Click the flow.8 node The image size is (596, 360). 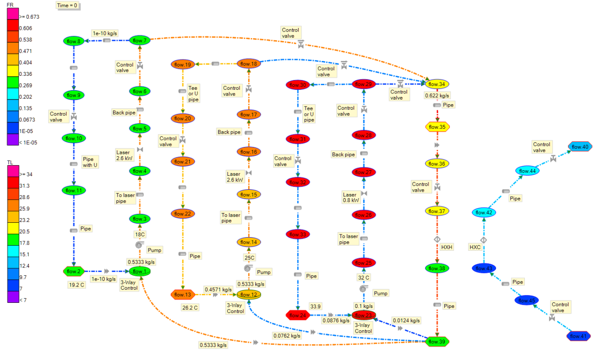73,41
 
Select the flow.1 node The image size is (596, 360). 139,271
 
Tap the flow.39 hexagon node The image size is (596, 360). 437,341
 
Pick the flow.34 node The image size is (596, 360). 437,84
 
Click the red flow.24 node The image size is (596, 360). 297,315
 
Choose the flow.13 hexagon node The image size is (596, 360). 183,294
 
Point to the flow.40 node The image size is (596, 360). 580,147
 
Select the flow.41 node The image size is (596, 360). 578,336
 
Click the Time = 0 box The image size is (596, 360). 67,6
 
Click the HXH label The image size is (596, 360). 447,247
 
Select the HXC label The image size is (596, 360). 475,247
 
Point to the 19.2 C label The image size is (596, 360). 76,285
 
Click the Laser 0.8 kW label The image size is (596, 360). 349,198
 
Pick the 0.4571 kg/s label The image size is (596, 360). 217,289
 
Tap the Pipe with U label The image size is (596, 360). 90,162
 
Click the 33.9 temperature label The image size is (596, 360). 315,306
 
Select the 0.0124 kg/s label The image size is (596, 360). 406,320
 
